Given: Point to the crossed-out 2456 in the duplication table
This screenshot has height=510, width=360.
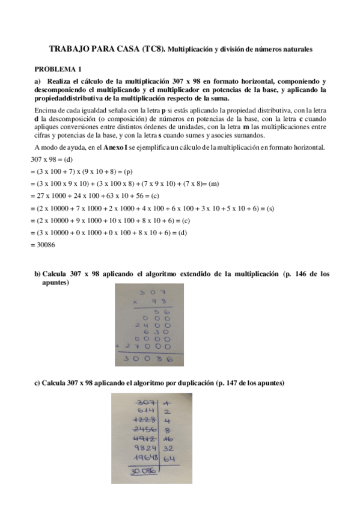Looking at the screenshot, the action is tap(145, 429).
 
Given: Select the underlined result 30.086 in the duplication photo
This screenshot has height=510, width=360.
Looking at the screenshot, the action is tap(143, 472).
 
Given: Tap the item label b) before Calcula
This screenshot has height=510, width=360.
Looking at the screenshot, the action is tap(37, 274).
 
